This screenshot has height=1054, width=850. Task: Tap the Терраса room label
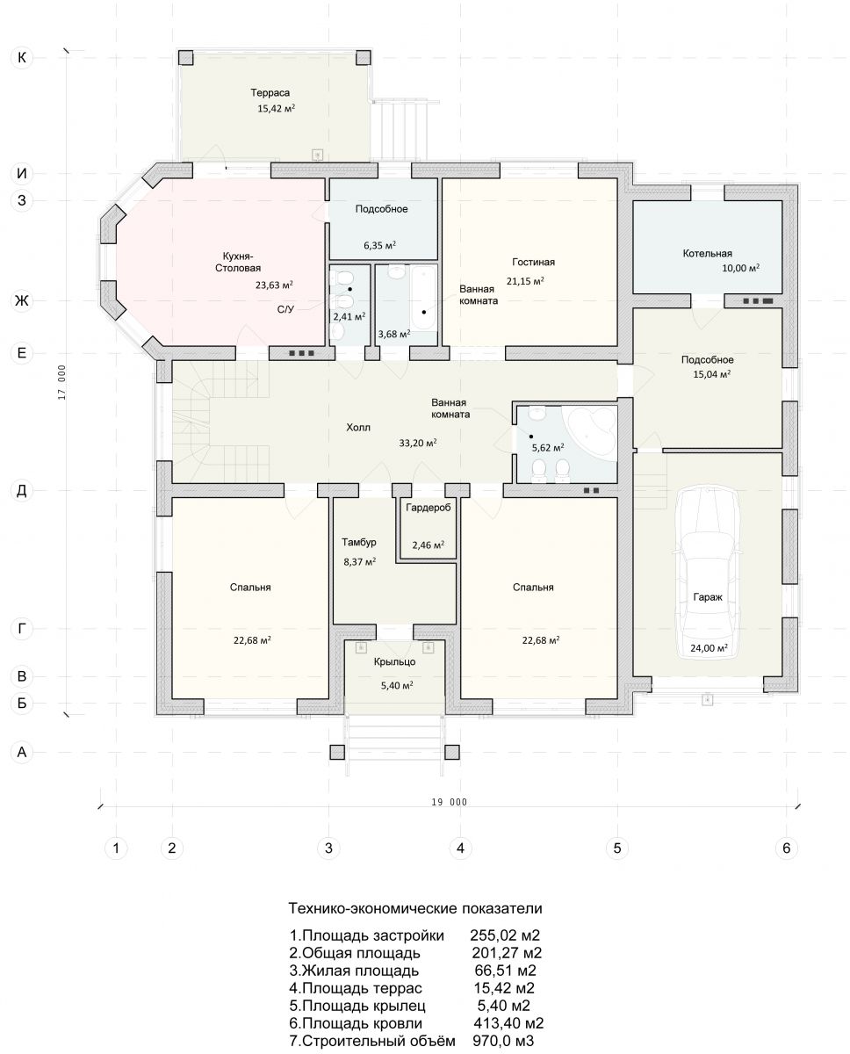point(270,92)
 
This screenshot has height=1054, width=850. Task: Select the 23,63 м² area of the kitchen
point(274,285)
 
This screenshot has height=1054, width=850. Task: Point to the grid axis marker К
point(22,58)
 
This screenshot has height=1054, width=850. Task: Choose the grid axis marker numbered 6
point(787,848)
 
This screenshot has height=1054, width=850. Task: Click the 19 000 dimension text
point(449,802)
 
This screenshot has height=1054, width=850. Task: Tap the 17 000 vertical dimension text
point(61,382)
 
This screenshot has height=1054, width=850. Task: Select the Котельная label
point(707,253)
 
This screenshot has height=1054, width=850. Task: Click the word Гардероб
point(428,508)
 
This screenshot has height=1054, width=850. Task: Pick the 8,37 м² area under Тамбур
point(359,561)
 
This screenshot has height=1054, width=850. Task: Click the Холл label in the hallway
point(358,427)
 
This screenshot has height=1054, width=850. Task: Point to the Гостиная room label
point(533,262)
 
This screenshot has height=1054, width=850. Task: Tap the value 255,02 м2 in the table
point(505,935)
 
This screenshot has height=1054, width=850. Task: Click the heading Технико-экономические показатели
point(415,908)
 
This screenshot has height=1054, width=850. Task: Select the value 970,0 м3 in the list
point(503,1041)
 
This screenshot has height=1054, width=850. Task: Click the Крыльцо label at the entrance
point(394,661)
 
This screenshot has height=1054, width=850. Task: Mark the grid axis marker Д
point(22,491)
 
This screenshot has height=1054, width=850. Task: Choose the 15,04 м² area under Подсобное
point(711,375)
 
